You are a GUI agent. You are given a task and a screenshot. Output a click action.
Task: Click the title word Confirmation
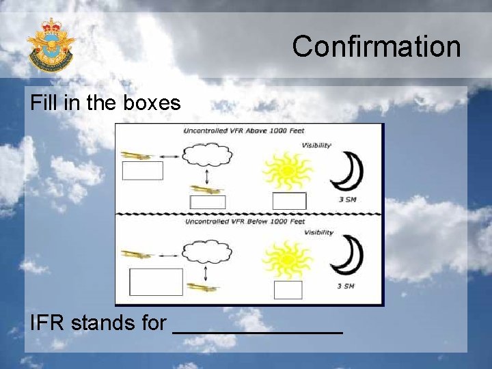377,46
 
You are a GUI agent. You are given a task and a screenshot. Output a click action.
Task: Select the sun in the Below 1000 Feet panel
288,258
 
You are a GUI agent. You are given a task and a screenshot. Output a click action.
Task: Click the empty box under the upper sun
289,201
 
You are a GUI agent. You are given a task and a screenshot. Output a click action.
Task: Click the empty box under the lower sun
288,290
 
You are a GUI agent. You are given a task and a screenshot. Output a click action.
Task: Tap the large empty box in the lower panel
156,282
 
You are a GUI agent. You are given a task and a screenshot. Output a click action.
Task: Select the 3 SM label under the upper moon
346,199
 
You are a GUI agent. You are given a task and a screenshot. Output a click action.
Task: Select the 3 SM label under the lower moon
346,286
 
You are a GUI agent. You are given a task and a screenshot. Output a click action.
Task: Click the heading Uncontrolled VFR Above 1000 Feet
244,131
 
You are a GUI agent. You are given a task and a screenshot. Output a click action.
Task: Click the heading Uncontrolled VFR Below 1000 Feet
244,221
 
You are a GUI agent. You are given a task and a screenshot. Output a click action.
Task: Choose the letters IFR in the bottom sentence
47,322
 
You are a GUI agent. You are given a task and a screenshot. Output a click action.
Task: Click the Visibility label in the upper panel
316,145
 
